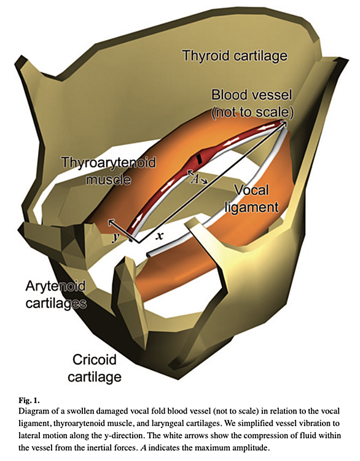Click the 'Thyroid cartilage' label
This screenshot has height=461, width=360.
(x=235, y=56)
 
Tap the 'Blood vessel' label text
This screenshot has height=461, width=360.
(x=252, y=95)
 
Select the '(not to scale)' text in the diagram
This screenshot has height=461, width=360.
(x=252, y=112)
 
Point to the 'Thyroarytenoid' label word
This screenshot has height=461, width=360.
(x=109, y=162)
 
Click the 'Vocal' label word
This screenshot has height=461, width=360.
(x=251, y=190)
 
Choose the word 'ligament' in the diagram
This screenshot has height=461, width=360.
(x=251, y=208)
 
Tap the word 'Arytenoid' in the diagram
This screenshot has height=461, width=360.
(x=55, y=286)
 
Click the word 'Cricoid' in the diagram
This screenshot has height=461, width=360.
(x=95, y=360)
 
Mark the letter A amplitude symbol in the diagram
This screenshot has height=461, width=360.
(x=194, y=179)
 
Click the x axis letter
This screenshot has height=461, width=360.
(x=159, y=235)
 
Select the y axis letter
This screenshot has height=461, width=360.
(x=115, y=237)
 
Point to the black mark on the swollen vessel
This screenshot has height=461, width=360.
(x=200, y=158)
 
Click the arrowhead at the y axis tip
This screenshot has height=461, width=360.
(x=109, y=221)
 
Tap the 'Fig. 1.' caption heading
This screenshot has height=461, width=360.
(x=29, y=400)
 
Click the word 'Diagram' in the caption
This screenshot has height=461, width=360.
(x=33, y=411)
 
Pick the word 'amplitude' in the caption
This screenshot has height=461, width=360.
(x=250, y=448)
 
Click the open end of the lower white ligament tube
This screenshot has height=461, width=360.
(x=149, y=254)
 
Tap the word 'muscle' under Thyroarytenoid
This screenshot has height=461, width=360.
(x=109, y=179)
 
